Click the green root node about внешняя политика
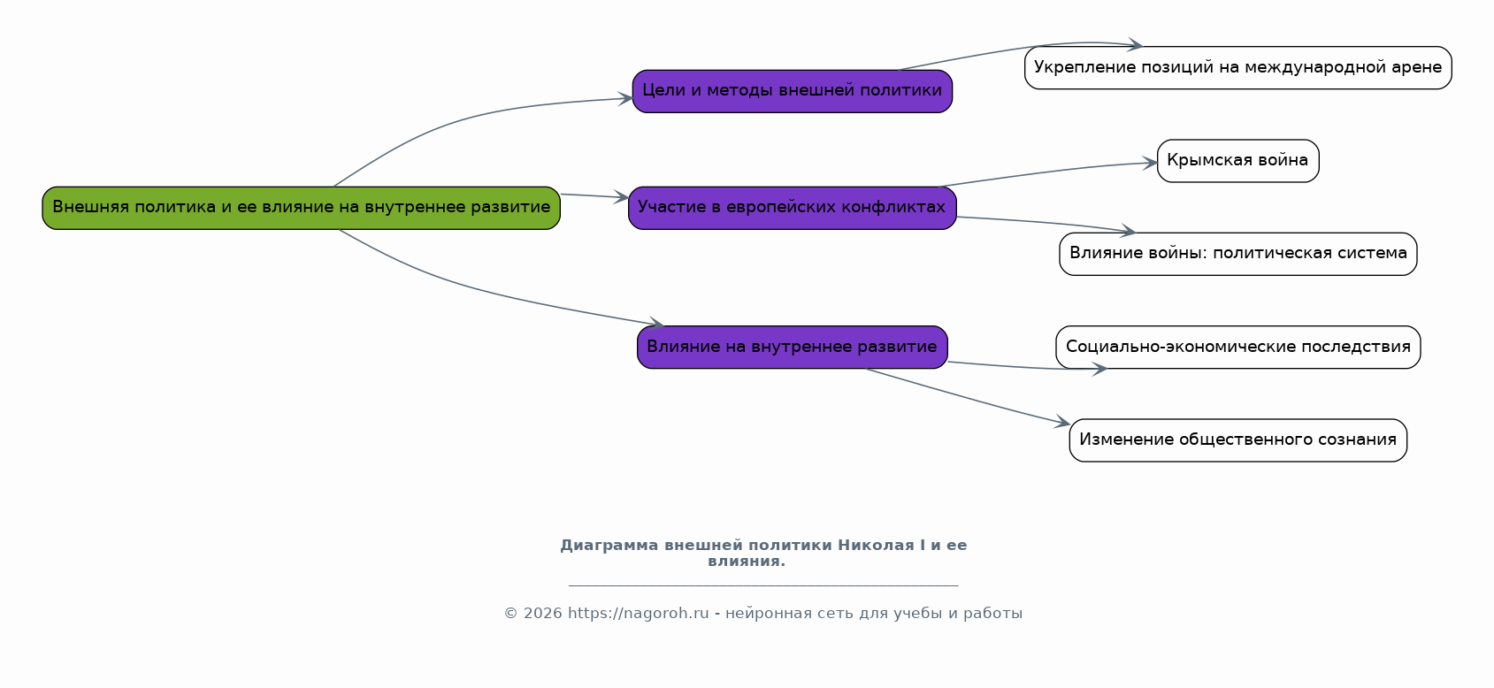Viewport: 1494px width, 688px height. (302, 208)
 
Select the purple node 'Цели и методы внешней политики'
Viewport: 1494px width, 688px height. (793, 91)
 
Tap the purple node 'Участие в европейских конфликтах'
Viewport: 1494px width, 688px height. (793, 208)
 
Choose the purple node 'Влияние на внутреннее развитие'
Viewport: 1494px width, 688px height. (793, 348)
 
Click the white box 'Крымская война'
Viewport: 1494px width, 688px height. (1237, 161)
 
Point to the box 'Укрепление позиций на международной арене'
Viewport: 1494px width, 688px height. (1237, 67)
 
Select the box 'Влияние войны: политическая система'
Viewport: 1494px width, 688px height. (1237, 254)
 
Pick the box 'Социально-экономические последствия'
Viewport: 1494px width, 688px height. (1237, 348)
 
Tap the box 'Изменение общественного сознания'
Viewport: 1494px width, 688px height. (1237, 440)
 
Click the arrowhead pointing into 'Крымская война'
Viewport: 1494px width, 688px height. (1151, 163)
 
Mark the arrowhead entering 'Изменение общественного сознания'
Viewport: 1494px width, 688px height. (1063, 421)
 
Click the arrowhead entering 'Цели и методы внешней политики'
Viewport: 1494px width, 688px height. (625, 99)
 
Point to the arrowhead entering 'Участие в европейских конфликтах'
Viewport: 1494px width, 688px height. (622, 196)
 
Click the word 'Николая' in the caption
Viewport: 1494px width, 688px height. (876, 546)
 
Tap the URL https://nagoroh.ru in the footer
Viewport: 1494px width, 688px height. (639, 614)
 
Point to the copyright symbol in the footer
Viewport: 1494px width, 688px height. (511, 614)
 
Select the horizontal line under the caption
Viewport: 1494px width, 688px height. (763, 585)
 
